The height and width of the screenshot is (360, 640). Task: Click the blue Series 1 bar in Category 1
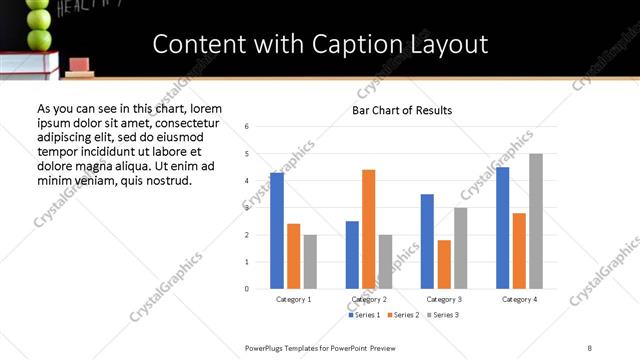(277, 231)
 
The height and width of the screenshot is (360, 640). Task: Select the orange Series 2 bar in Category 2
(368, 229)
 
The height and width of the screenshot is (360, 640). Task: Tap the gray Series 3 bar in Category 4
(536, 221)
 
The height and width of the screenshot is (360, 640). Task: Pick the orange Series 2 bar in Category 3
(444, 264)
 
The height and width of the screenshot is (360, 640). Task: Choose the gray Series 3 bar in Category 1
(310, 262)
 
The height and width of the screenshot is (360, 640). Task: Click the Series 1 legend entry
(364, 315)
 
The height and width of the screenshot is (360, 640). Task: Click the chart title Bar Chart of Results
(402, 110)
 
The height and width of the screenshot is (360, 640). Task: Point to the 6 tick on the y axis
(247, 126)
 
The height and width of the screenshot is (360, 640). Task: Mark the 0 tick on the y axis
(247, 289)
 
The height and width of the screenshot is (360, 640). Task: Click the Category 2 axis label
(369, 299)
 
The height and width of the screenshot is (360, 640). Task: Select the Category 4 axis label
(519, 299)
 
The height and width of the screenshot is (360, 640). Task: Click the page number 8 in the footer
(589, 347)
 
